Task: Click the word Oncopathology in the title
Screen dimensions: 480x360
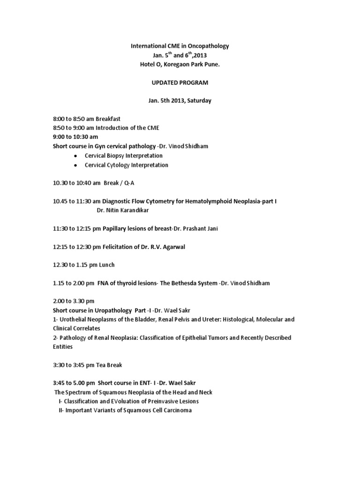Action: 209,46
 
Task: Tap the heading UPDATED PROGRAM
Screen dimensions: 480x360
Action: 180,82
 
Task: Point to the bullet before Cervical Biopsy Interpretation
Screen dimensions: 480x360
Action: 76,156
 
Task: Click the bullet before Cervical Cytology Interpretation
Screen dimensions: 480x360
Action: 76,165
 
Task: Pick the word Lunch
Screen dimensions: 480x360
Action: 106,265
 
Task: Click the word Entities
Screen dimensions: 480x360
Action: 63,347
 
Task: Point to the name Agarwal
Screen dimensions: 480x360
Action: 172,247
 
